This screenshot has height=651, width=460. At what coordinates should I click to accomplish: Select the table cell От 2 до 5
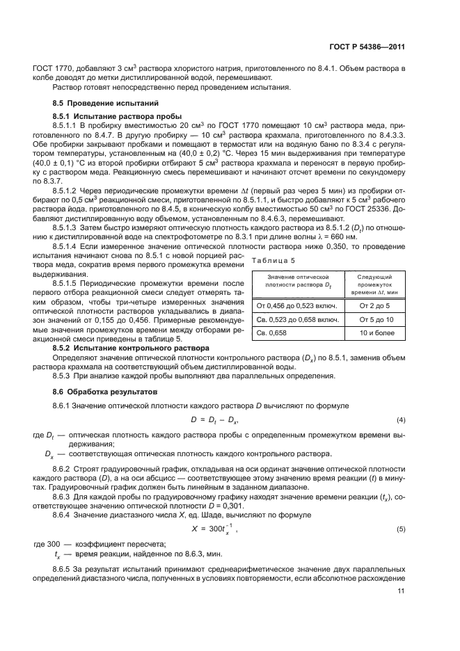pyautogui.click(x=374, y=286)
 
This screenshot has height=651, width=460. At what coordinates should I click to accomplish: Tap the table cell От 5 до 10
pyautogui.click(x=374, y=300)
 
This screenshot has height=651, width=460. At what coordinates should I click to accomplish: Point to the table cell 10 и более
pyautogui.click(x=374, y=314)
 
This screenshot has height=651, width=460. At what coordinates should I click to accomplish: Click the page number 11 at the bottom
pyautogui.click(x=400, y=591)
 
